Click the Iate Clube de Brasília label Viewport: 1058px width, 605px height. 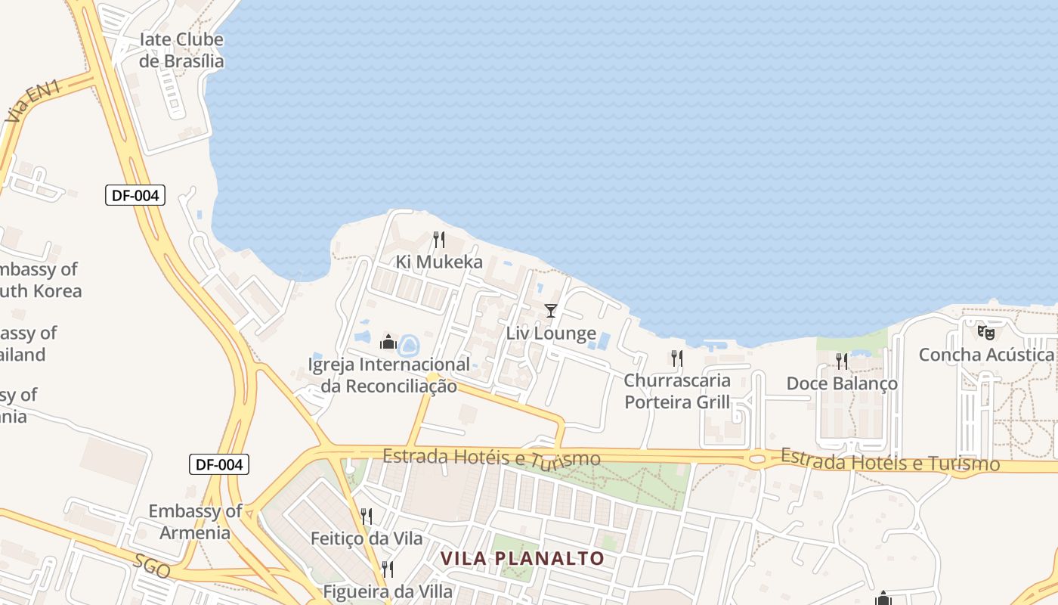[181, 51]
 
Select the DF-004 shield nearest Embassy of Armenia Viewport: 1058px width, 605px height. [218, 464]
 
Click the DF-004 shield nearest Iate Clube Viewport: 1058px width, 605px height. [135, 195]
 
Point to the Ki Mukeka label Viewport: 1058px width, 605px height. [439, 262]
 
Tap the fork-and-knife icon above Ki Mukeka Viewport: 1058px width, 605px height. [439, 240]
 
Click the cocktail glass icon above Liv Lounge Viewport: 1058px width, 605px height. [550, 311]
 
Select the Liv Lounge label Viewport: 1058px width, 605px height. [551, 333]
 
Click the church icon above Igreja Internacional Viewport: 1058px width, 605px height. [388, 342]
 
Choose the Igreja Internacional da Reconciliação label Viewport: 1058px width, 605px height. [388, 375]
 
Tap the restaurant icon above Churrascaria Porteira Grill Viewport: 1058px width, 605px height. [677, 358]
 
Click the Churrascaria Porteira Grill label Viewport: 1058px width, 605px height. [677, 391]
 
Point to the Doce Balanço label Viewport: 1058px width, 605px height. [842, 383]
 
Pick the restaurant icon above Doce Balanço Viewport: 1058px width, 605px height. [842, 361]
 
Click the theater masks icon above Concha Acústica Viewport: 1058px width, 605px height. [985, 332]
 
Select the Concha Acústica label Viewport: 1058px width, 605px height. [985, 355]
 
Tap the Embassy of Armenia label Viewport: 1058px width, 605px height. [195, 521]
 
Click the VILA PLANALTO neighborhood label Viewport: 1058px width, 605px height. [522, 559]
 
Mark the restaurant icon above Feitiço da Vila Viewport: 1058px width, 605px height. [367, 517]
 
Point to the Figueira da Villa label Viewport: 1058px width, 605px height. [388, 591]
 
